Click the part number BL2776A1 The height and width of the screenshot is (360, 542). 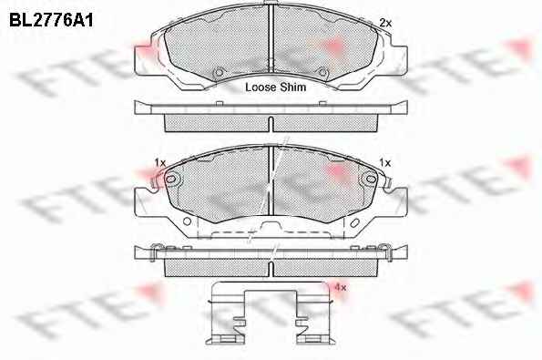[x=51, y=20]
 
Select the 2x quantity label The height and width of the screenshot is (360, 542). [x=385, y=23]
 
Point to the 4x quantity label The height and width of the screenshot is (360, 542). [x=340, y=287]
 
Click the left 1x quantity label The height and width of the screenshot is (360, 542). [x=160, y=162]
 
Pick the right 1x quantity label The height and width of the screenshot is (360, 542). [x=384, y=162]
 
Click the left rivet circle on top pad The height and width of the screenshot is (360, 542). [x=219, y=73]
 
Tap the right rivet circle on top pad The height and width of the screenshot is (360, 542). [x=322, y=73]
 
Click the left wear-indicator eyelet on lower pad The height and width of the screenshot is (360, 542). [x=170, y=179]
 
